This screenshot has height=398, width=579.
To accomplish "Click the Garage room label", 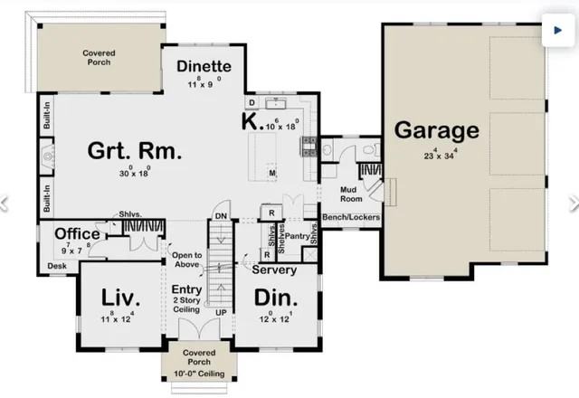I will click(436, 130).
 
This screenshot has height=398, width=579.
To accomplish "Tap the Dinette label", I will click(204, 67).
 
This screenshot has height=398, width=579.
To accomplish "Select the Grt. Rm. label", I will click(135, 152).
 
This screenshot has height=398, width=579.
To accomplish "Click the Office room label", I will click(77, 234).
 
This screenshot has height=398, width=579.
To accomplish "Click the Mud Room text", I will click(350, 194).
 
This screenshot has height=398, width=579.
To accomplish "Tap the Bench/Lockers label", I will click(351, 218).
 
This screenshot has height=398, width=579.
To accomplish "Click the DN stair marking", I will click(221, 216).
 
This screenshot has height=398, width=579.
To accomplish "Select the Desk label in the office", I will click(57, 266).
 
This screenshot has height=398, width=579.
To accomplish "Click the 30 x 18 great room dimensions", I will click(135, 172).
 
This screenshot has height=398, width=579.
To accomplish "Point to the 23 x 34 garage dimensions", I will click(436, 155).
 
